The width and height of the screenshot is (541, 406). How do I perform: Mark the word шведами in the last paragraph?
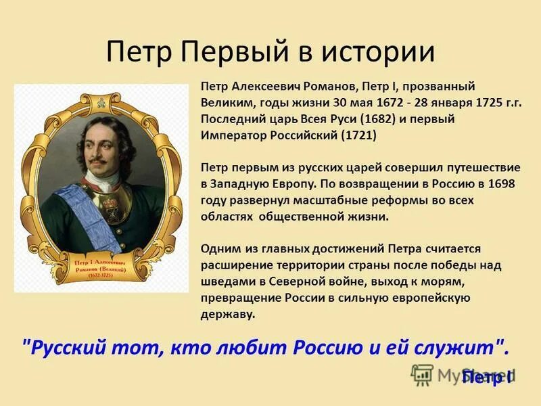[x=226, y=281]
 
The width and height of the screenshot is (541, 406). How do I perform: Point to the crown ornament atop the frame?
[x=101, y=99]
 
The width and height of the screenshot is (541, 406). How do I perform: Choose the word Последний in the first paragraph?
[x=230, y=119]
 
